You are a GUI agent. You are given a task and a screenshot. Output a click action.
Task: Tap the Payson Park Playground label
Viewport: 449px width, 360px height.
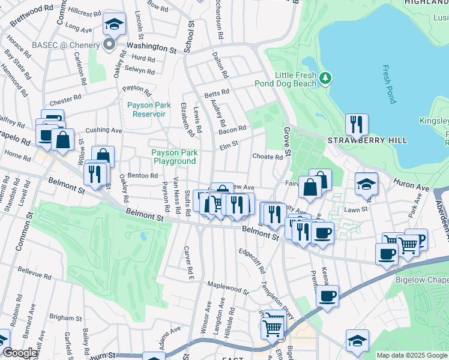174,157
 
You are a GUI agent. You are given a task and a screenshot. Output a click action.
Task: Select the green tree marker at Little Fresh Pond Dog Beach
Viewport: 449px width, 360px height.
325,78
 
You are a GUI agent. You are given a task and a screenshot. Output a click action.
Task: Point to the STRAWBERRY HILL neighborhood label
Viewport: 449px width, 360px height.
367,140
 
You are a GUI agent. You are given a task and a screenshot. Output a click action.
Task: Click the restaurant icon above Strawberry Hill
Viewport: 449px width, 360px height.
357,124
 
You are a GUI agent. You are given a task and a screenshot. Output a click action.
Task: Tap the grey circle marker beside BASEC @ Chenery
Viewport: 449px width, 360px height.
109,44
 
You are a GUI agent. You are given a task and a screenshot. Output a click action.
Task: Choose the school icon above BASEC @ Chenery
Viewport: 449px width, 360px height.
114,24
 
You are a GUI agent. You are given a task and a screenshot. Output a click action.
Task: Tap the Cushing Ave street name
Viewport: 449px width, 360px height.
104,130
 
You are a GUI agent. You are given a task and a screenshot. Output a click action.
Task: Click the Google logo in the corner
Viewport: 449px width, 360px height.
20,353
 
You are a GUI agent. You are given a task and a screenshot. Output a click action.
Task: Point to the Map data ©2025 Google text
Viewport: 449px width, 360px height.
411,355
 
